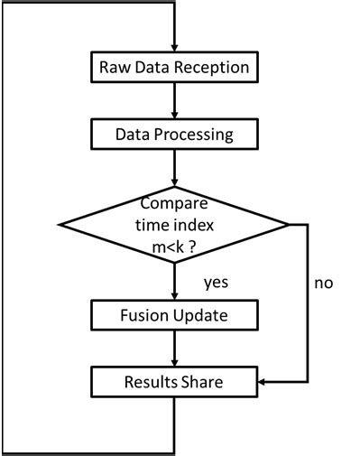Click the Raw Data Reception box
(173, 67)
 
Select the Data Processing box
(173, 135)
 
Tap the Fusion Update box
(173, 316)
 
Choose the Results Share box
(173, 383)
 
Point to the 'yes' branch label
(214, 283)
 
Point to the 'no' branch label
(323, 283)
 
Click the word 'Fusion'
(143, 316)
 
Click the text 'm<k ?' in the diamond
(173, 245)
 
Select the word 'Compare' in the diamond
(173, 202)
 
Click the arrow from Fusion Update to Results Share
(173, 349)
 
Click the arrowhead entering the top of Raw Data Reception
(173, 46)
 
